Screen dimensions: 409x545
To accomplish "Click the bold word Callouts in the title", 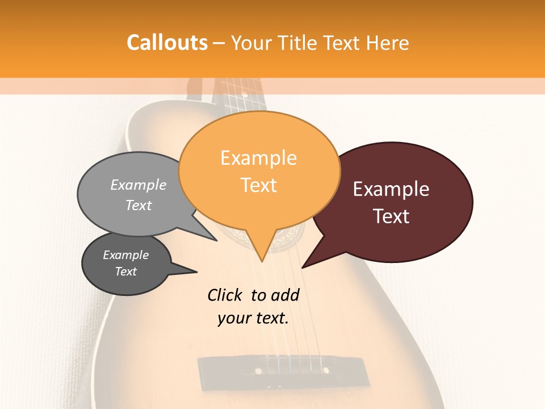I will click(x=167, y=43).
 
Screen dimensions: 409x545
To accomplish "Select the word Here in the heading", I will click(x=387, y=43).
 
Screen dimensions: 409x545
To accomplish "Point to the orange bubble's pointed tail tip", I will click(x=262, y=261).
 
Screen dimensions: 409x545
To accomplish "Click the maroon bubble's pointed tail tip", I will click(x=303, y=267).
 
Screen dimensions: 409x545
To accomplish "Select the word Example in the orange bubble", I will click(x=258, y=158).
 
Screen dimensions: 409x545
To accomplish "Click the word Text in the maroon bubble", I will click(x=391, y=216).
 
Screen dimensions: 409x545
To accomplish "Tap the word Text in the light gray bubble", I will click(x=139, y=205).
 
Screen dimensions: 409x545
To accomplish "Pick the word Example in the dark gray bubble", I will click(x=125, y=255).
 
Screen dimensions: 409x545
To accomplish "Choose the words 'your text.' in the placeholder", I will click(x=253, y=318).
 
